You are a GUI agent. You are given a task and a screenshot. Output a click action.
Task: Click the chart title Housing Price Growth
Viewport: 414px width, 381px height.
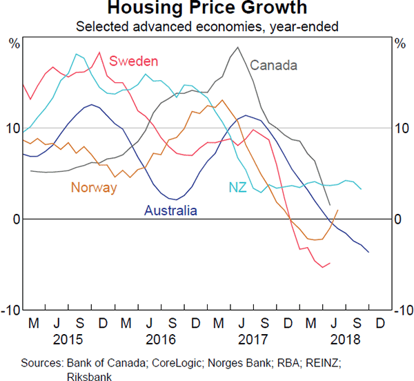(x=207, y=10)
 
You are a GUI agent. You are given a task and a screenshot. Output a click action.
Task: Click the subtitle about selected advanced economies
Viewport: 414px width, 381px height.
(x=207, y=27)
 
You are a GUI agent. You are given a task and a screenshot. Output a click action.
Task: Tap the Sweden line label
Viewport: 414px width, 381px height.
(x=134, y=61)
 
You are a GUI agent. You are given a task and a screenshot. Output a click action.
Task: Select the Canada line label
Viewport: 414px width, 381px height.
(x=273, y=66)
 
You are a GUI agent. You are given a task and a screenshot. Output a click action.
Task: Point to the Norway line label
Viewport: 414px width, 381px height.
(x=94, y=188)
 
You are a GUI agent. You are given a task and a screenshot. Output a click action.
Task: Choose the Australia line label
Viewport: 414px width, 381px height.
(x=170, y=211)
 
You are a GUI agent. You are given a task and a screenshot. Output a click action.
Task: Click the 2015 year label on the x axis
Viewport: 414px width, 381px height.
(x=69, y=340)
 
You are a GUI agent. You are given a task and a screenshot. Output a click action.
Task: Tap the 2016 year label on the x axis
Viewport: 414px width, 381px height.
(x=161, y=340)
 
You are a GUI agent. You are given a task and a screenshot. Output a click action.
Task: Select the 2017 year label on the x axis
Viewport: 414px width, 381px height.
(x=253, y=340)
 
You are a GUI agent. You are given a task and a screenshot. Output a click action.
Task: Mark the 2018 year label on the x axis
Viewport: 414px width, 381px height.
(x=345, y=340)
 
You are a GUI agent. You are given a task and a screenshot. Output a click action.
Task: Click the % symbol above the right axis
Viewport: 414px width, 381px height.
(x=400, y=44)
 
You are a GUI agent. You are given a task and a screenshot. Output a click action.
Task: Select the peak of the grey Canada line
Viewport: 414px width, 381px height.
(x=238, y=48)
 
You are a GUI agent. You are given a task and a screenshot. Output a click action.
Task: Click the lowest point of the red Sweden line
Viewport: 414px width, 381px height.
(x=322, y=267)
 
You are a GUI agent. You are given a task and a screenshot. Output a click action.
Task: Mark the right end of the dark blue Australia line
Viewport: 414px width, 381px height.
(x=368, y=252)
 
